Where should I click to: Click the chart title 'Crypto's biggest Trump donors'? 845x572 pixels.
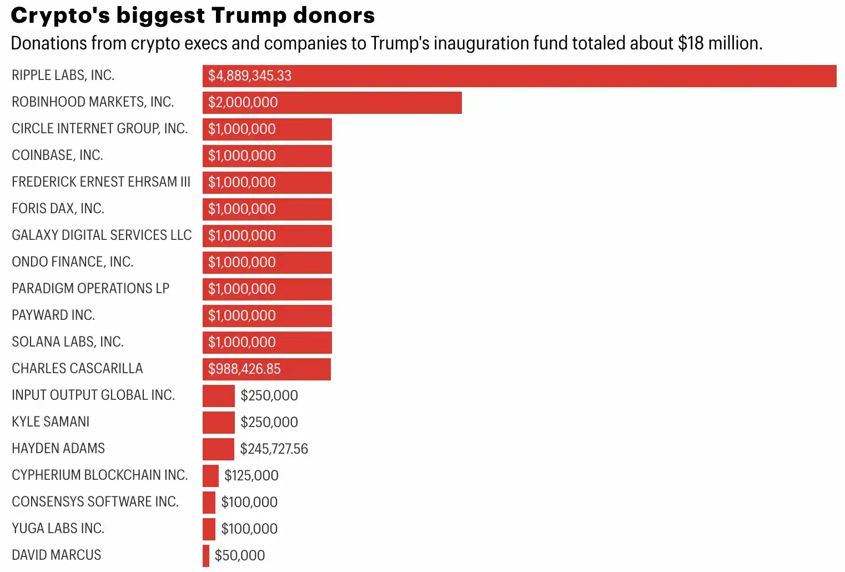[x=193, y=16]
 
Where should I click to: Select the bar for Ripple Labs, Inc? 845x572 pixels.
[x=519, y=76]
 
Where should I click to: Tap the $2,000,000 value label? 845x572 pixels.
[x=243, y=103]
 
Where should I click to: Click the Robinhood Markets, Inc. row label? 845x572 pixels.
[x=93, y=102]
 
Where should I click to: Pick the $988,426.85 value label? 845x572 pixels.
[x=244, y=369]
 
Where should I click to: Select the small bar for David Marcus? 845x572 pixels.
[x=206, y=556]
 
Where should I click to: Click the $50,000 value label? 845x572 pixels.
[x=240, y=556]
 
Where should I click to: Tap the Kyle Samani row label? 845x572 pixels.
[x=51, y=422]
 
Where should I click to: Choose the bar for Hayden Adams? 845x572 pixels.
[x=218, y=449]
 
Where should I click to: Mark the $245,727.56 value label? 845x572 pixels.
[x=274, y=449]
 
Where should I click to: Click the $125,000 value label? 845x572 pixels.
[x=252, y=476]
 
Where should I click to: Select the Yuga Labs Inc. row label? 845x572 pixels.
[x=58, y=529]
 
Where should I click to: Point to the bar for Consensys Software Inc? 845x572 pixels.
[x=209, y=503]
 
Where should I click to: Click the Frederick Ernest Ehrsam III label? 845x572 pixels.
[x=101, y=182]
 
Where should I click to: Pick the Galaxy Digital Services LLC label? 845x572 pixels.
[x=102, y=235]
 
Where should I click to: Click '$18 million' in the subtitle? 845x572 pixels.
[x=719, y=43]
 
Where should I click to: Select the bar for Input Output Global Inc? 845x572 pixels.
[x=218, y=396]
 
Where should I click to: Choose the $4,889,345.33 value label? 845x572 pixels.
[x=250, y=76]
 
